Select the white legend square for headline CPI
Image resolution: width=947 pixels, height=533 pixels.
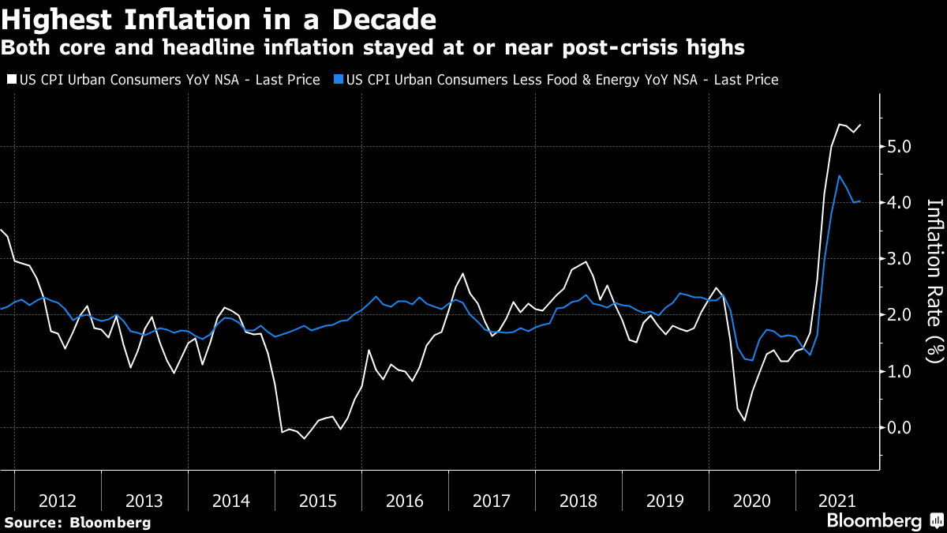[10, 80]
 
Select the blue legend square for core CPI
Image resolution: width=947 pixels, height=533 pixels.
[339, 80]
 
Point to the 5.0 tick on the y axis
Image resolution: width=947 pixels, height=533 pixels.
[900, 147]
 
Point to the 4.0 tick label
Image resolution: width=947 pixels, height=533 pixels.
[900, 203]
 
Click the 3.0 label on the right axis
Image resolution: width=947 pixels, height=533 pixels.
[900, 259]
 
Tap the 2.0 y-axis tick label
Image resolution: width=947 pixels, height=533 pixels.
[900, 315]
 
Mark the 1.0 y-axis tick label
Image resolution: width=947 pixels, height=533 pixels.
[900, 371]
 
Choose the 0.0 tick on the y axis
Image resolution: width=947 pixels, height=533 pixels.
[900, 428]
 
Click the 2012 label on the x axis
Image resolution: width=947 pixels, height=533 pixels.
[58, 501]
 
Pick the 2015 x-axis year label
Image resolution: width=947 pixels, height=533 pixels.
[318, 501]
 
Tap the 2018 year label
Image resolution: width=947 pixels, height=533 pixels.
[578, 501]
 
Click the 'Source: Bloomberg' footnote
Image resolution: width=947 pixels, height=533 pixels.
[77, 522]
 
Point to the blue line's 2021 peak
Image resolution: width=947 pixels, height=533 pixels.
[839, 175]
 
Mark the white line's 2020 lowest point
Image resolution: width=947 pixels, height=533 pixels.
[745, 420]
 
